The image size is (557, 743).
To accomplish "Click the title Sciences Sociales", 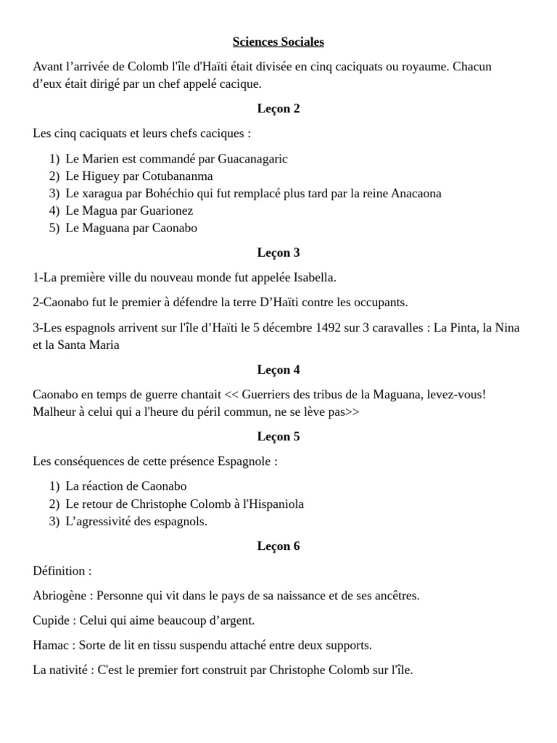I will point(278,42).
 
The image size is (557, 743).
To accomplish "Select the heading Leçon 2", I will point(278,109).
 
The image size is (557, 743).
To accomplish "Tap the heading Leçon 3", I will point(278,253).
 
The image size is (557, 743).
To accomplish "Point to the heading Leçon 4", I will point(278,370).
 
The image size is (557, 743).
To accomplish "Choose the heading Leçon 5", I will point(278,437).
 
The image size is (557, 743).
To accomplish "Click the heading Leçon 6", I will point(278,546).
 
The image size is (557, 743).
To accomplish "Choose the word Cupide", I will point(51,621).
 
